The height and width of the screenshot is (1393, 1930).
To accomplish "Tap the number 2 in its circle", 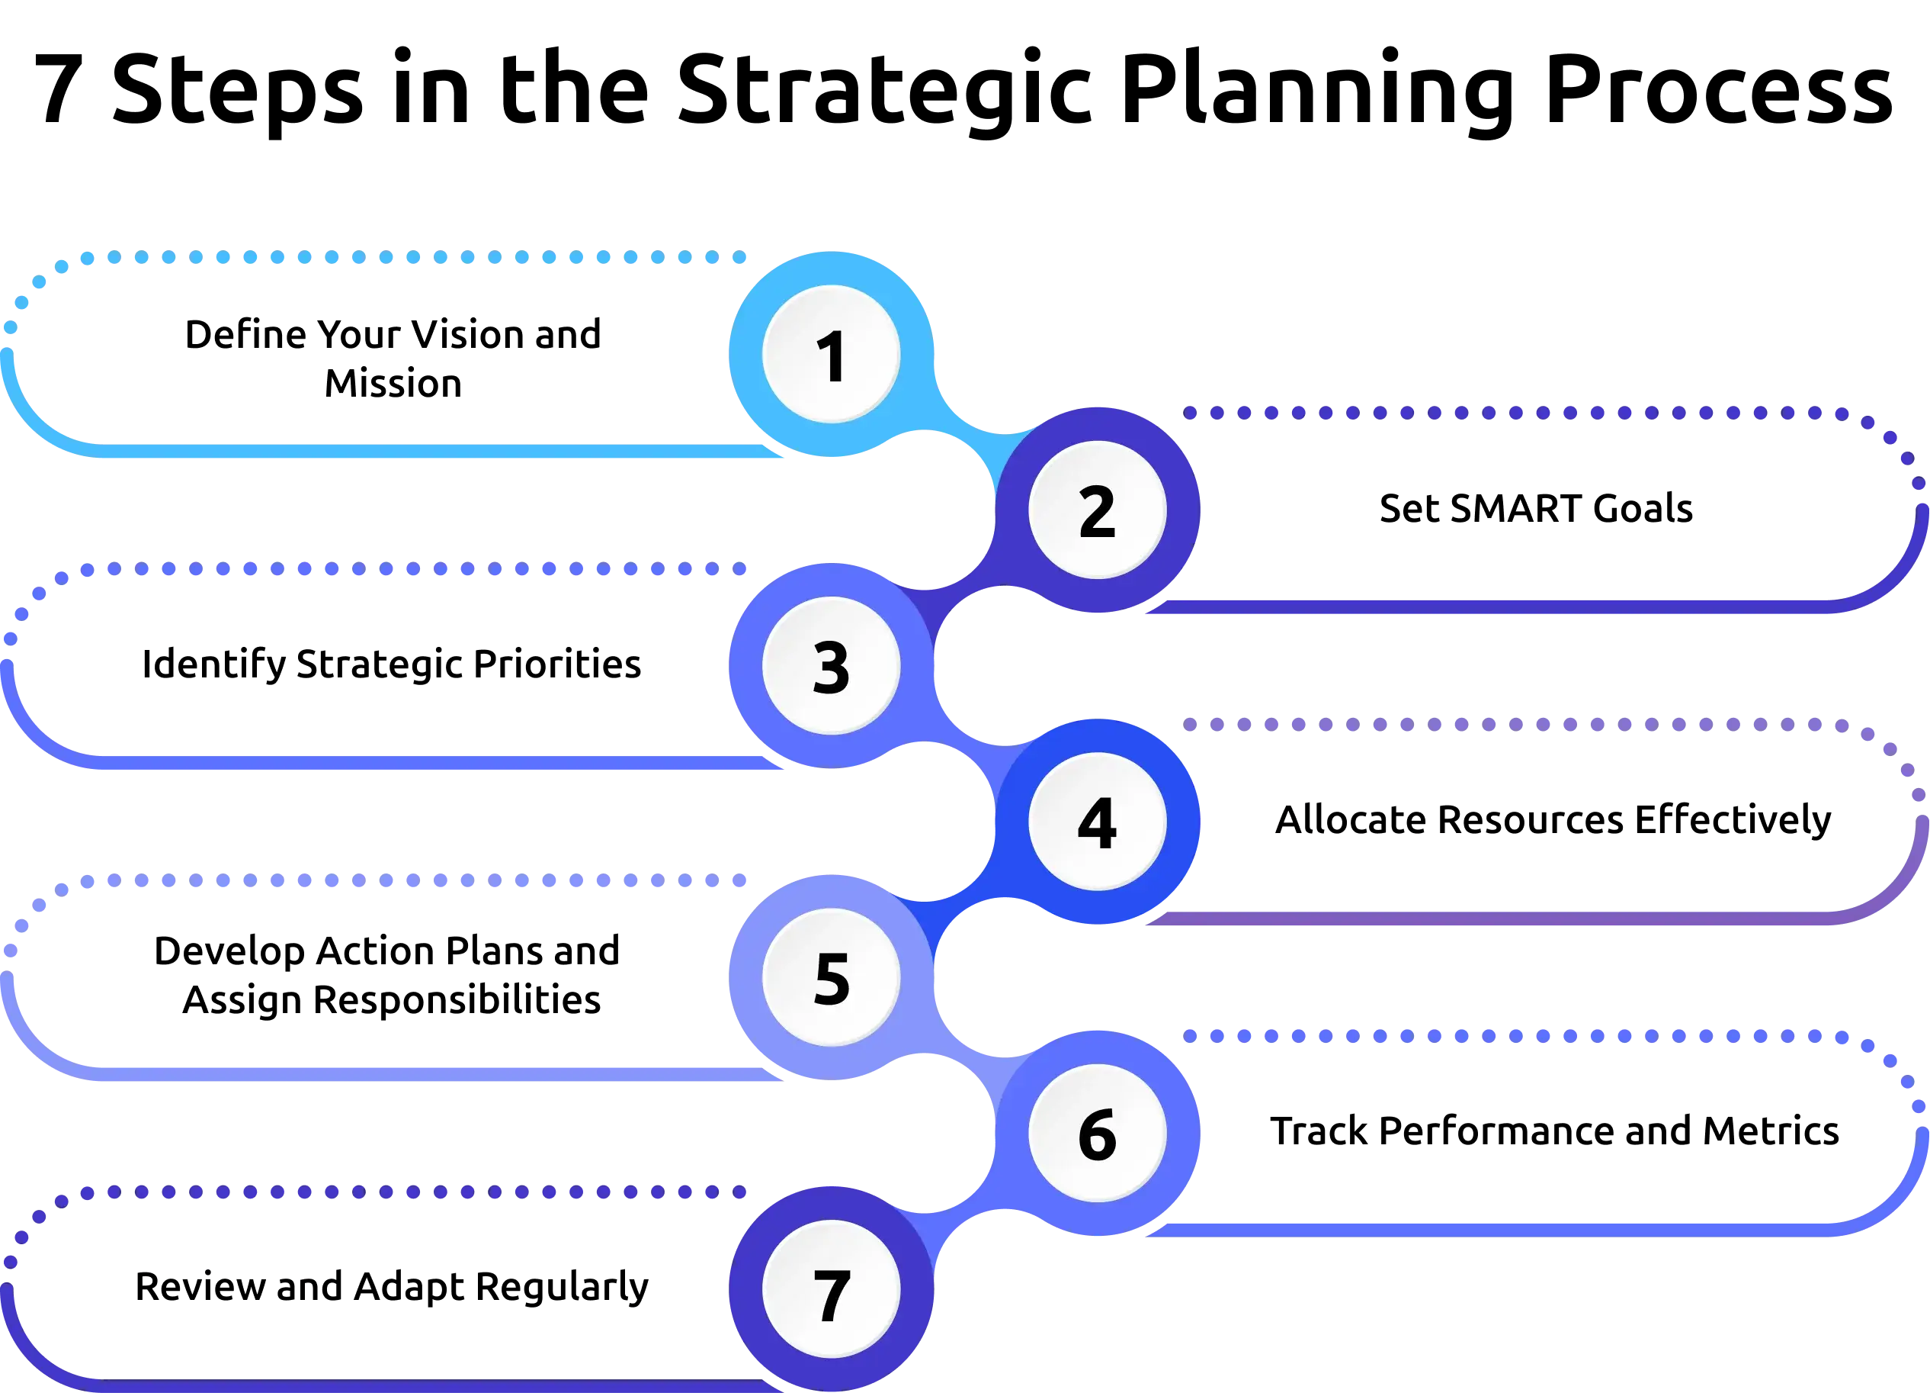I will pyautogui.click(x=1096, y=511).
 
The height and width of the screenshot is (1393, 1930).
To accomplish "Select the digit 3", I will pyautogui.click(x=831, y=667).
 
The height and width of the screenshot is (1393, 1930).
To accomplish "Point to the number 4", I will pyautogui.click(x=1096, y=822).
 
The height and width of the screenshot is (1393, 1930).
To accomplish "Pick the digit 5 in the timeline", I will pyautogui.click(x=831, y=978).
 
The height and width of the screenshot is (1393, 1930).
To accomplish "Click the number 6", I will pyautogui.click(x=1096, y=1134).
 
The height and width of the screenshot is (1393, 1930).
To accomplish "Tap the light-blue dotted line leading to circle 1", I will pyautogui.click(x=425, y=258).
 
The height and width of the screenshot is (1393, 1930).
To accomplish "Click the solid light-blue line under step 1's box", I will pyautogui.click(x=425, y=452).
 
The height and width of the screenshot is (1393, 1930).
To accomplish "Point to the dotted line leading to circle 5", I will pyautogui.click(x=425, y=881).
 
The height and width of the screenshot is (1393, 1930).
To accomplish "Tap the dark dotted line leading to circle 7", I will pyautogui.click(x=425, y=1193).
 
